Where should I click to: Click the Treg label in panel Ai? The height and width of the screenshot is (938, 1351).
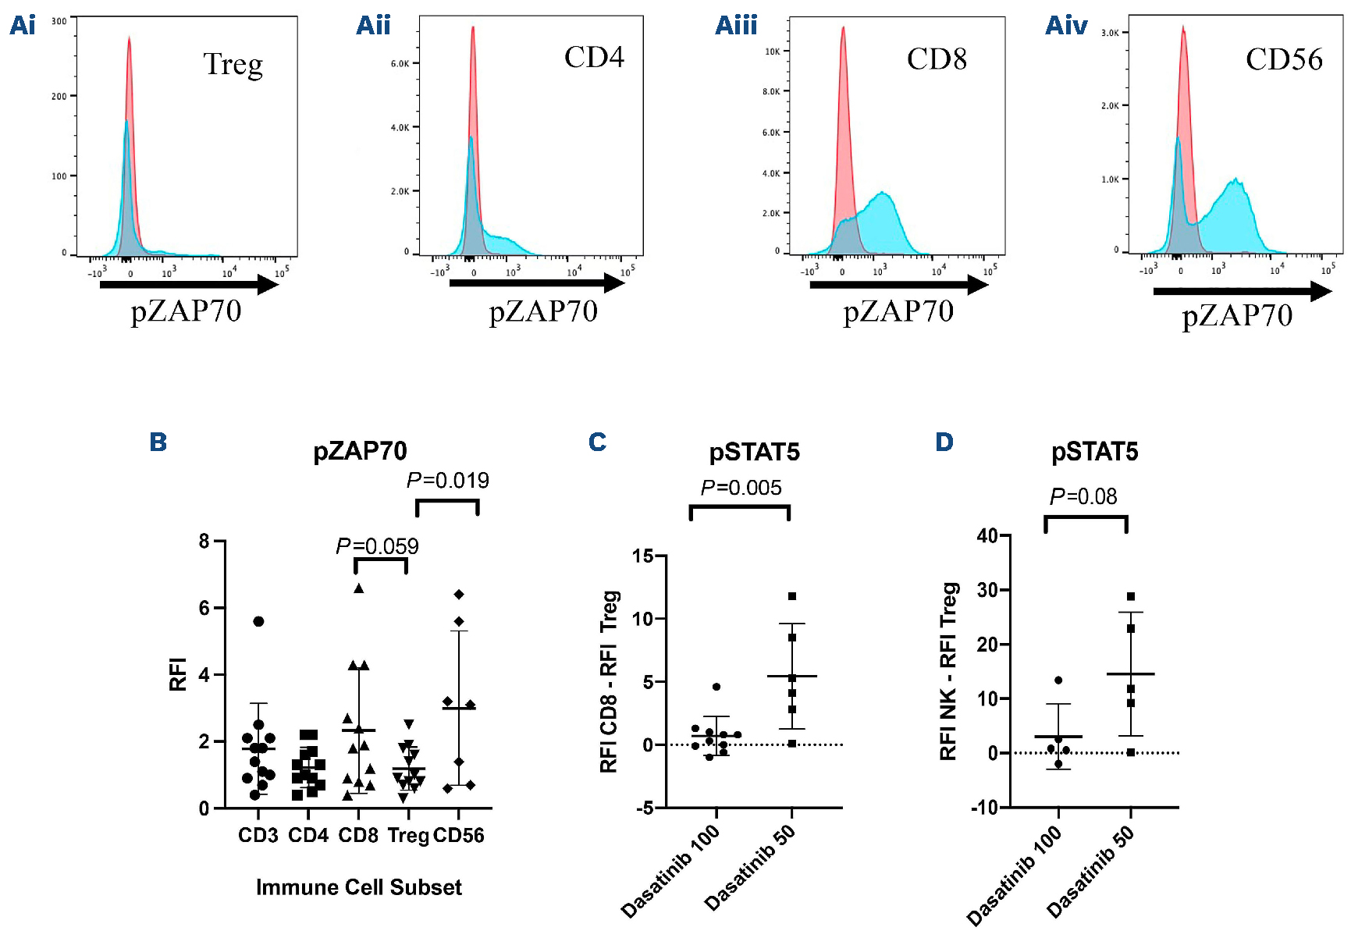[x=233, y=65]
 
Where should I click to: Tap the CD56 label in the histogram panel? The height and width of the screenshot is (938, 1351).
[x=1284, y=59]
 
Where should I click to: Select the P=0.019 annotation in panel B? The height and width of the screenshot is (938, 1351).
[x=448, y=481]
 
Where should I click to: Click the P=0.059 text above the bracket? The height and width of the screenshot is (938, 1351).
[x=377, y=546]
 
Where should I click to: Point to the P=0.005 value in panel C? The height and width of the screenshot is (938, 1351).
[x=741, y=489]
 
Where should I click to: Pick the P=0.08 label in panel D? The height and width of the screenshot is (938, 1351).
[x=1083, y=497]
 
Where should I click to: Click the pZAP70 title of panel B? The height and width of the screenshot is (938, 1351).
[x=360, y=452]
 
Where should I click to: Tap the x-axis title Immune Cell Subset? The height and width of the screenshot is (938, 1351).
[x=359, y=888]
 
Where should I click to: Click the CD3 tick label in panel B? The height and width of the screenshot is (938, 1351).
[x=258, y=836]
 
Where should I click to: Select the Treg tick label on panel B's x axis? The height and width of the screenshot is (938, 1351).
[x=408, y=836]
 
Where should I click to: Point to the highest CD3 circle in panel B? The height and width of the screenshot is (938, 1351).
[x=258, y=621]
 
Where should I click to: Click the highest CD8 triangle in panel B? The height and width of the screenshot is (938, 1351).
[x=359, y=588]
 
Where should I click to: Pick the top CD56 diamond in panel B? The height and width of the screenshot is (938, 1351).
[x=459, y=595]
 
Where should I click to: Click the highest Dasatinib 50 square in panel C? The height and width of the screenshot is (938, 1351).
[x=792, y=596]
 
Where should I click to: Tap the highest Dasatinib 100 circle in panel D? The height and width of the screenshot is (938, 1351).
[x=1058, y=680]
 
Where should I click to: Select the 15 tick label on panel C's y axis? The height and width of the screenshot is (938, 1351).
[x=642, y=556]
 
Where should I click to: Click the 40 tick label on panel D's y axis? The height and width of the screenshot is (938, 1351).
[x=987, y=535]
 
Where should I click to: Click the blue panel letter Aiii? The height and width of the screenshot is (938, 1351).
[x=736, y=26]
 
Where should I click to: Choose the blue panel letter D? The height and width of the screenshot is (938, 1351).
[x=944, y=442]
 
